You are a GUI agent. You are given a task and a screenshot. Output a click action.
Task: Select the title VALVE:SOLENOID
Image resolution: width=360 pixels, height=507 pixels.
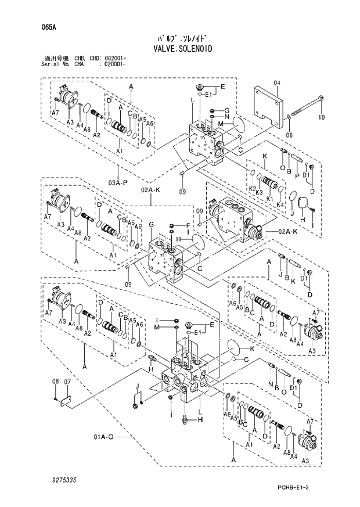tap(180, 49)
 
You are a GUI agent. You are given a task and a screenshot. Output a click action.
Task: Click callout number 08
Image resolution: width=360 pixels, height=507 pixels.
tap(56, 381)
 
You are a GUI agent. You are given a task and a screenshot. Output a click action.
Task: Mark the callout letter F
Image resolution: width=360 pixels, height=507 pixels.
tap(188, 225)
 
